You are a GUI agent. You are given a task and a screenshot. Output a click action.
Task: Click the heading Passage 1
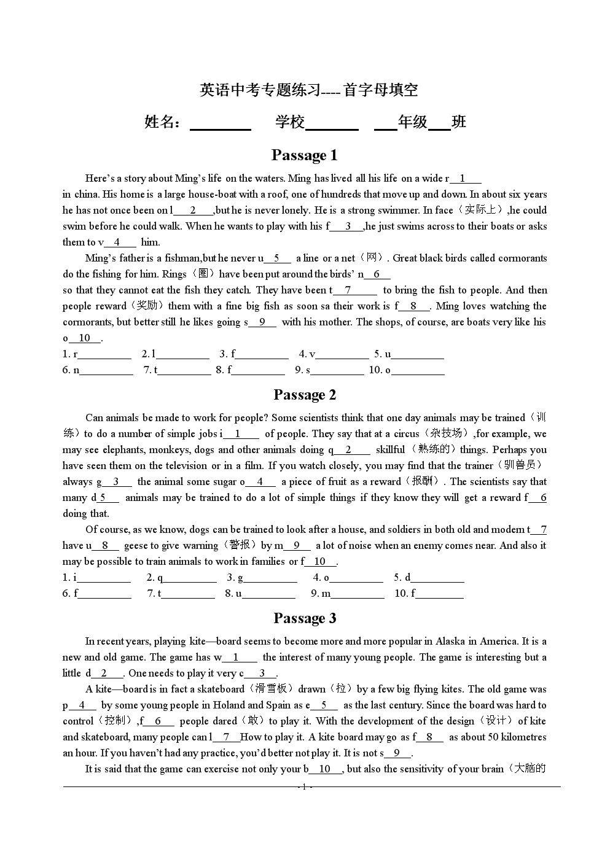coord(304,155)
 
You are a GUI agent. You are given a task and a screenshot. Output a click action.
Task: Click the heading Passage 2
coord(305,395)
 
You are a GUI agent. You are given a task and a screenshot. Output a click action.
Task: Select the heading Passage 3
coord(305,618)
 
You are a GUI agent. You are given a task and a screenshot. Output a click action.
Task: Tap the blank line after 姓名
coord(221,124)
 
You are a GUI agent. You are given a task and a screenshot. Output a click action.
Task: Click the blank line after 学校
coord(332,124)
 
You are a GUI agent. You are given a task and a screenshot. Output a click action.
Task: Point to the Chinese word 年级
coord(412,122)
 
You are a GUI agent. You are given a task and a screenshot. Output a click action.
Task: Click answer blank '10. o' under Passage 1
coord(418,371)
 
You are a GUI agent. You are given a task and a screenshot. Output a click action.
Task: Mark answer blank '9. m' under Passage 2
coord(358,594)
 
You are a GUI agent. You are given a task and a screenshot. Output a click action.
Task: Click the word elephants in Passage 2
coord(123,450)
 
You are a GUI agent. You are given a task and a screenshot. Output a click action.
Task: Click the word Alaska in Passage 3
coord(450,642)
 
